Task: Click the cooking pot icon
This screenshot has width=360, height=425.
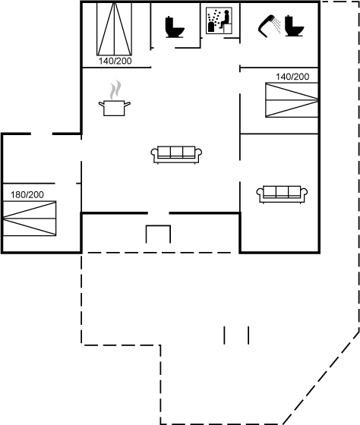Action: (x=114, y=108)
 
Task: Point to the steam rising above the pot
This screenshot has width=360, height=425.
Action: (x=115, y=90)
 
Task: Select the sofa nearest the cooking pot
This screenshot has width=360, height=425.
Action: (x=176, y=155)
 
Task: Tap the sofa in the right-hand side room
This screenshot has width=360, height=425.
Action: (x=282, y=194)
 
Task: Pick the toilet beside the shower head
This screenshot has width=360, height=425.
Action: (x=294, y=26)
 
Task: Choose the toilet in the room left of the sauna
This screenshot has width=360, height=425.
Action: (x=175, y=27)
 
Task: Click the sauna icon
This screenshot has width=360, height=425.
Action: (x=219, y=20)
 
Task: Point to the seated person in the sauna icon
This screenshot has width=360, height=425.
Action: (x=225, y=19)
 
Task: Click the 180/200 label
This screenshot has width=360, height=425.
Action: (x=27, y=194)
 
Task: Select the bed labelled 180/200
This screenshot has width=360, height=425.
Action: (x=30, y=219)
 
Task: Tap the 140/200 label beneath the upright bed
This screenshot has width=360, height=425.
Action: (x=115, y=61)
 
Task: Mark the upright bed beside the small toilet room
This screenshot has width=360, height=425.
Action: (x=114, y=29)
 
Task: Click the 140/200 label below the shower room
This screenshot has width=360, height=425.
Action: (x=292, y=77)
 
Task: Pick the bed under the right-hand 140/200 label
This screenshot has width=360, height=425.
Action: (x=292, y=100)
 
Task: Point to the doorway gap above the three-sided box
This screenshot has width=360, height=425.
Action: (x=159, y=213)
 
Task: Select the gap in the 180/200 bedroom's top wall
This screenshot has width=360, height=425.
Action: (x=42, y=134)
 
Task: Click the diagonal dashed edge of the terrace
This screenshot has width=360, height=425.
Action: (x=321, y=378)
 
